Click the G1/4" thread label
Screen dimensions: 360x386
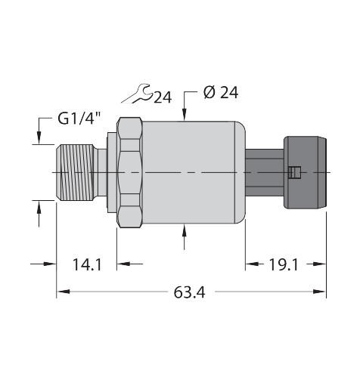pos(79,118)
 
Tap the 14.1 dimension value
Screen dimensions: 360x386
pos(87,264)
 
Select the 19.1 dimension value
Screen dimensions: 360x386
pos(284,265)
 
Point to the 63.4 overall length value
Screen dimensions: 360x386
pos(190,292)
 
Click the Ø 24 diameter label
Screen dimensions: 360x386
pos(221,92)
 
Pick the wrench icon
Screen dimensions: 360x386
pos(138,94)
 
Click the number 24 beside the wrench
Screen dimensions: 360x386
pos(163,97)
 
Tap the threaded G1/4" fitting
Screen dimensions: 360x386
pos(75,173)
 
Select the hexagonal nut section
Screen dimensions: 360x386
pos(129,173)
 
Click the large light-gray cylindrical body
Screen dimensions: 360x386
pos(194,173)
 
